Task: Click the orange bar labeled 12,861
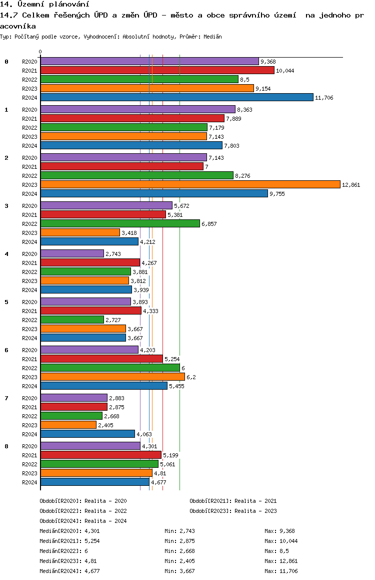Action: [x=190, y=185]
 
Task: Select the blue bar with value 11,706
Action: [x=177, y=97]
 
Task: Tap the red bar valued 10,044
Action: [x=157, y=70]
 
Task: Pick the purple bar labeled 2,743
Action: [x=72, y=253]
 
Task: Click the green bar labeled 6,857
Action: [x=120, y=223]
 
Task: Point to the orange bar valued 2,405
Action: [x=68, y=425]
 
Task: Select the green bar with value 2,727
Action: [x=72, y=320]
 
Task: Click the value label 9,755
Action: [x=277, y=194]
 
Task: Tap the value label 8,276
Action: [x=242, y=176]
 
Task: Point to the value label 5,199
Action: [x=170, y=455]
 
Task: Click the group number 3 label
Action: [x=6, y=206]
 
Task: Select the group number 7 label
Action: [x=6, y=398]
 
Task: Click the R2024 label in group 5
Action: [x=29, y=338]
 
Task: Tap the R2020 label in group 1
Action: [x=29, y=110]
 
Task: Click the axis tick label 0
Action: [x=40, y=52]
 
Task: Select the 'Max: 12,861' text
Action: [x=281, y=561]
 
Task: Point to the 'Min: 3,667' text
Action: [x=179, y=571]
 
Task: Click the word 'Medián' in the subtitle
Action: [x=212, y=37]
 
